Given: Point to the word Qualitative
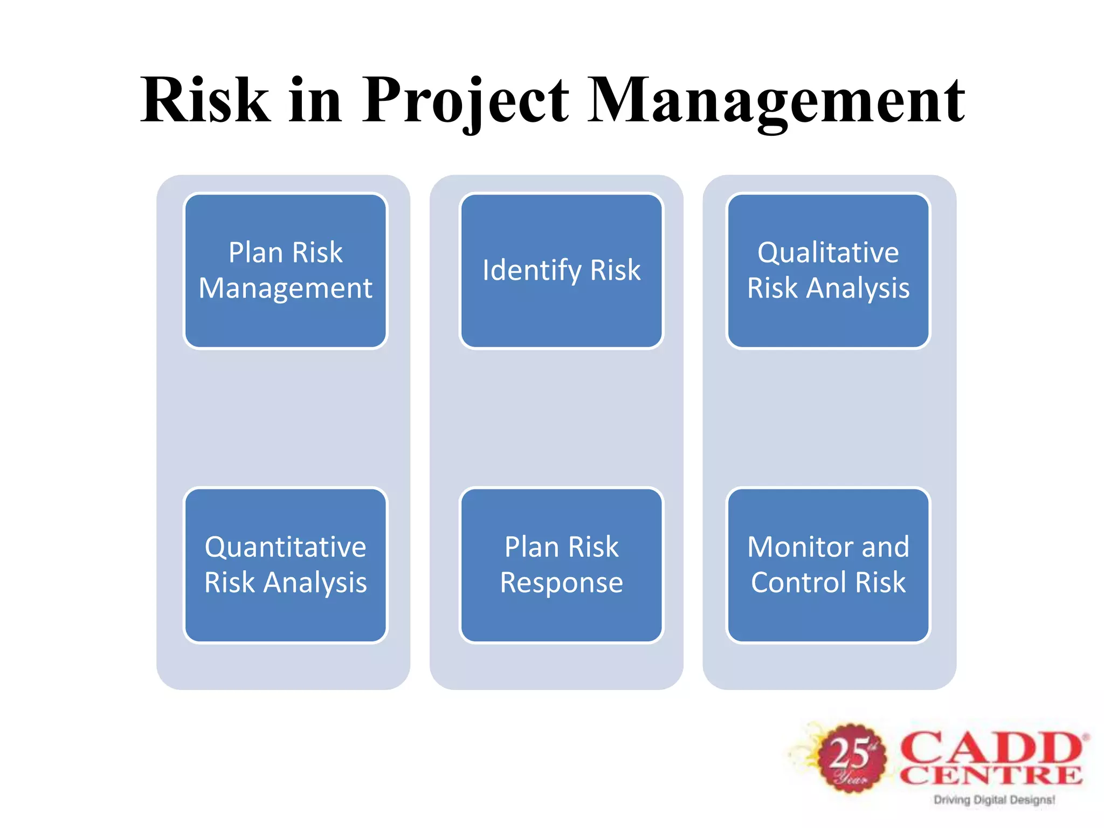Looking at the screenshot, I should [828, 252].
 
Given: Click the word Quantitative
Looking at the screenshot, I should [285, 547].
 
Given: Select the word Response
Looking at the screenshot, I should [561, 583].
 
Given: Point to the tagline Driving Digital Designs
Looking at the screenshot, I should [994, 800].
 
